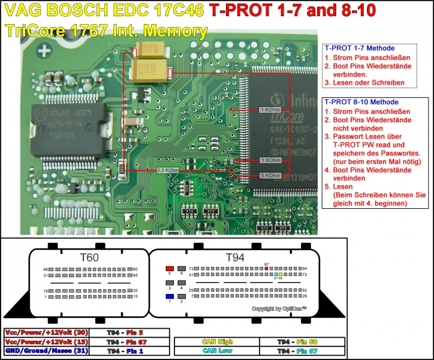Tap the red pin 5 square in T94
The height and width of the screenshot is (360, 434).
click(170, 268)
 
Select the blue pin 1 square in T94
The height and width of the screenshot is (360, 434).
click(170, 296)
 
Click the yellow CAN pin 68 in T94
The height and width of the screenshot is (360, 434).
click(280, 274)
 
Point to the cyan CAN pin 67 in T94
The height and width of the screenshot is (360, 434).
click(276, 274)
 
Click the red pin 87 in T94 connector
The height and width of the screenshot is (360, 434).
click(267, 268)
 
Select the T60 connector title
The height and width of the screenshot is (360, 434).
click(89, 257)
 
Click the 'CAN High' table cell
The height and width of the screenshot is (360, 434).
click(216, 341)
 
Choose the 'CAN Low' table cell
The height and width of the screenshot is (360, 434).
click(216, 350)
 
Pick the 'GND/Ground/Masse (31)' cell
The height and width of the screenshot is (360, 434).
click(46, 350)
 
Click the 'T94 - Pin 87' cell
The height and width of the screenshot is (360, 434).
click(129, 341)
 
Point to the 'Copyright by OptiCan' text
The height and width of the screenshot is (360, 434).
click(279, 308)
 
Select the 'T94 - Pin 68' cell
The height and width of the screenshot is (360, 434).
click(302, 341)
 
